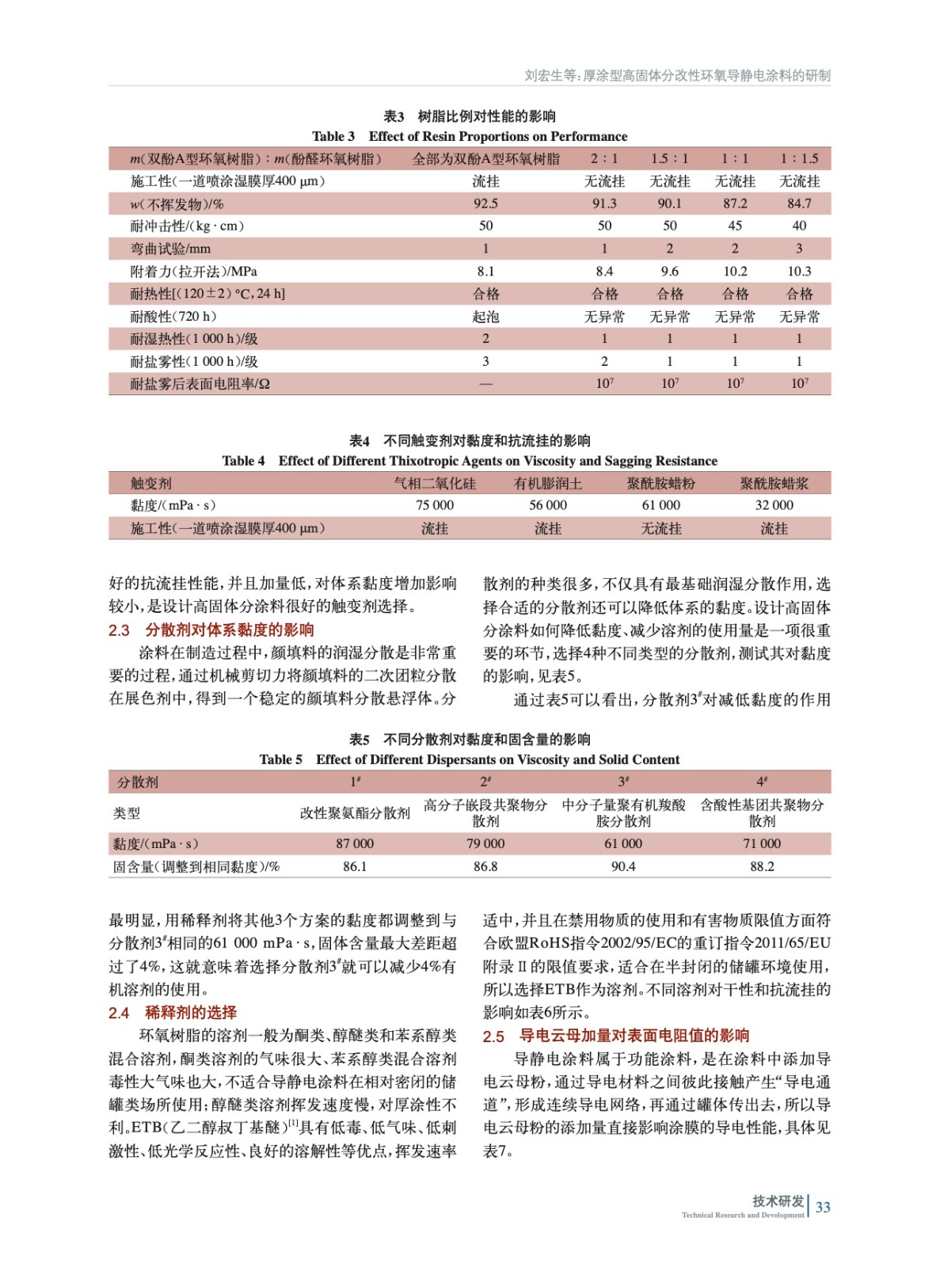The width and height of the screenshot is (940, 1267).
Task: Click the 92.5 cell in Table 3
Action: (485, 204)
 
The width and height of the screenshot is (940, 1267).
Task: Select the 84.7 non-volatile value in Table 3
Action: (799, 204)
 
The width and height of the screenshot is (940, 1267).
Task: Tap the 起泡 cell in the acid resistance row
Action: (485, 317)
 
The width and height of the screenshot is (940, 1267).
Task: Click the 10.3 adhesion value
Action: (799, 271)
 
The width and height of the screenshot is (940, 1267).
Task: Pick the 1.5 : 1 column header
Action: (669, 158)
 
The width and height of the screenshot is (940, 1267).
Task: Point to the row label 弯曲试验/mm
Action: (170, 249)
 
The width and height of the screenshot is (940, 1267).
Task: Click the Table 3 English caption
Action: (470, 136)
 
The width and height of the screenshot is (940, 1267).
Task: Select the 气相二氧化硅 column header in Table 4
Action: (435, 483)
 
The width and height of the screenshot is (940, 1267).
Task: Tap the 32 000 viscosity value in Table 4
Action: (774, 505)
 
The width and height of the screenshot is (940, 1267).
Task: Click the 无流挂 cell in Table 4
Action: (660, 528)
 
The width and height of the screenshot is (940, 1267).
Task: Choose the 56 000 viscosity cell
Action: (548, 505)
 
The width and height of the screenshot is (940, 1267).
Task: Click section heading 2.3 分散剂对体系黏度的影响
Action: (211, 630)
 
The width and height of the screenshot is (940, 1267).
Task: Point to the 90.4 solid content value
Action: (623, 866)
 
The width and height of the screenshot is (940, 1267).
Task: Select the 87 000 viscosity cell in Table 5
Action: (355, 843)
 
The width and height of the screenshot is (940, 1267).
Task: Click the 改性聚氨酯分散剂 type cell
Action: (355, 812)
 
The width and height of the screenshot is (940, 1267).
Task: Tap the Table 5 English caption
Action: (470, 759)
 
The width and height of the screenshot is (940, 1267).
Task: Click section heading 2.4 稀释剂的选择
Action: (173, 1013)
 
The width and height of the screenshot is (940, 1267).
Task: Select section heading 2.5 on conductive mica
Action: (616, 1036)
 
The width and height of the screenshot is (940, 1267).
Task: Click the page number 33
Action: (823, 1207)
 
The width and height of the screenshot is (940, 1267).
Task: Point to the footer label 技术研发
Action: (778, 1201)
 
